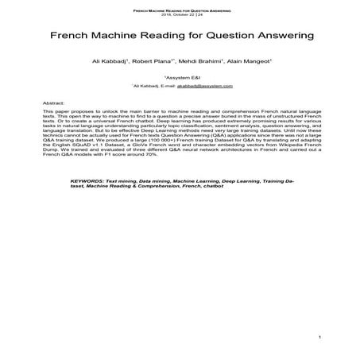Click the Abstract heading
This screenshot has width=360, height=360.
[x=54, y=103]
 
